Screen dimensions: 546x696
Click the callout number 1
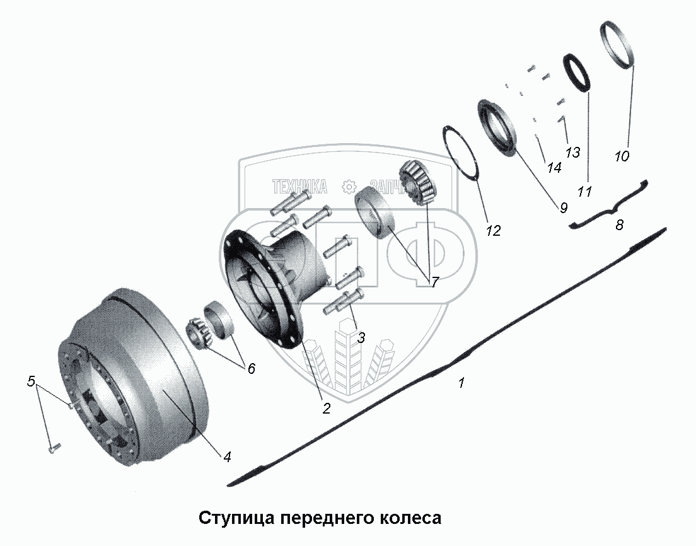461,383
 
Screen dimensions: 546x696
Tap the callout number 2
326,409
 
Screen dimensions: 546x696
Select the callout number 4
227,456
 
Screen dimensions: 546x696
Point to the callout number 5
30,381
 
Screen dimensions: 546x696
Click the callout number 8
620,225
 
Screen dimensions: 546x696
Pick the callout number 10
622,156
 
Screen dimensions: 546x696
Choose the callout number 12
493,231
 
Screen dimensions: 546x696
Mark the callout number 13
572,152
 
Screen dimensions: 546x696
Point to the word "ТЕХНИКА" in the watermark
299,186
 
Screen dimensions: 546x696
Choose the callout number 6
251,369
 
